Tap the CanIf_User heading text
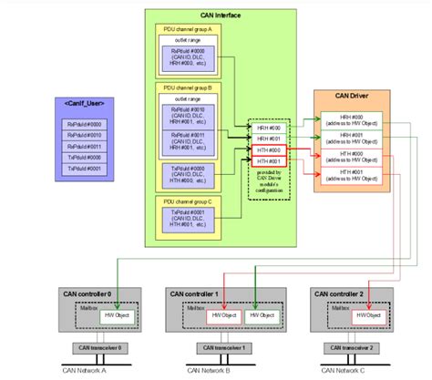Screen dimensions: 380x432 (x=88, y=101)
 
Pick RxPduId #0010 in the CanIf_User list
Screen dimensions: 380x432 (x=88, y=133)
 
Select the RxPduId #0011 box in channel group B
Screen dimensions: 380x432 (x=192, y=140)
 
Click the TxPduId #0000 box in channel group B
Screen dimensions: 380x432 (x=192, y=175)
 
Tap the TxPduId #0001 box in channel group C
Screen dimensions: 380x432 (x=192, y=220)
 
